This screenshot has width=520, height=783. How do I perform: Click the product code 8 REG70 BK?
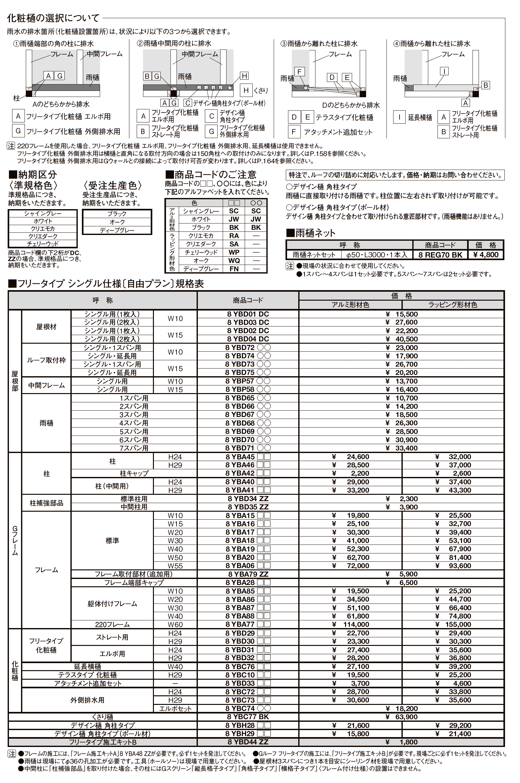point(440,255)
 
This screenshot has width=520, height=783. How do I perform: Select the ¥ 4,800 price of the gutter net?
point(486,255)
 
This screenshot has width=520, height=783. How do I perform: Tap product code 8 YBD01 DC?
point(248,314)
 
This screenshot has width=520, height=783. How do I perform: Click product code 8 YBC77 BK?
point(248,717)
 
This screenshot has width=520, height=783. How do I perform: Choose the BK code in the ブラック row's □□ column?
point(234,228)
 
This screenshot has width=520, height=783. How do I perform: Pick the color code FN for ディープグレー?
point(234,269)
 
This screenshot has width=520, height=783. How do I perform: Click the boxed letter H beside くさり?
point(246,90)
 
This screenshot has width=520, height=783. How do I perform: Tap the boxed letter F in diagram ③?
point(299,72)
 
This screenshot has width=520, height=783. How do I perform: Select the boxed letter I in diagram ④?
point(444,71)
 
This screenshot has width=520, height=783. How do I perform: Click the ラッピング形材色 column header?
point(452,305)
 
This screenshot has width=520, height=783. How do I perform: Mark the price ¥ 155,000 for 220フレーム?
point(458,625)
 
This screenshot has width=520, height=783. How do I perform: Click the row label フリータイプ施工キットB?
point(103,742)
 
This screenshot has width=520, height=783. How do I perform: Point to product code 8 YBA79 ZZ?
point(248,574)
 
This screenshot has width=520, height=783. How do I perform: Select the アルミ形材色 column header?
point(350,305)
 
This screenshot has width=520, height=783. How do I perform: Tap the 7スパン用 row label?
point(134,448)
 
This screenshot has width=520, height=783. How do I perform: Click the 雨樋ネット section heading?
point(311,233)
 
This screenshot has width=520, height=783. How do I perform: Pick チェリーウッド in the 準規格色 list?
point(42,244)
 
